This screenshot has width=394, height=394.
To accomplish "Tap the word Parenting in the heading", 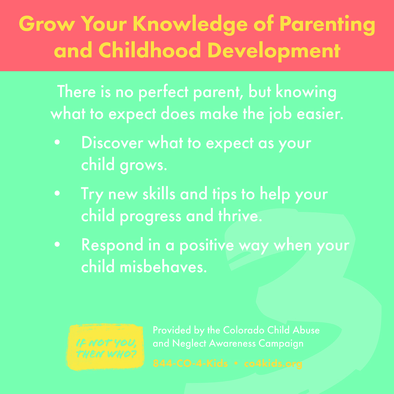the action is pyautogui.click(x=327, y=25).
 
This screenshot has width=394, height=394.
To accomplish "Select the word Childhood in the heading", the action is pyautogui.click(x=150, y=50).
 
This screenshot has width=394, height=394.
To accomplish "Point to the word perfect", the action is pyautogui.click(x=163, y=92).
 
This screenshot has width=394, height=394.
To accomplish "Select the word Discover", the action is pyautogui.click(x=112, y=143).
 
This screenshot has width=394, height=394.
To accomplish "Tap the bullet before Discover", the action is pyautogui.click(x=57, y=143).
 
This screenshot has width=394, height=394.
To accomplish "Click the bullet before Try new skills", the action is pyautogui.click(x=57, y=193).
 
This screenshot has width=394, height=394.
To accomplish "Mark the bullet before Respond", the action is pyautogui.click(x=57, y=244).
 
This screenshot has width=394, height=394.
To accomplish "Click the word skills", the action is pyautogui.click(x=159, y=194).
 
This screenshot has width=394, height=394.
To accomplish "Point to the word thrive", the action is pyautogui.click(x=240, y=216).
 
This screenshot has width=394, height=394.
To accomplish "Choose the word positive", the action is pyautogui.click(x=206, y=246).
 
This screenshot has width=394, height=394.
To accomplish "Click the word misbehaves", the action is pyautogui.click(x=163, y=267).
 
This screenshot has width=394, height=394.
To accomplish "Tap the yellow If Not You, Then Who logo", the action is pyautogui.click(x=105, y=347).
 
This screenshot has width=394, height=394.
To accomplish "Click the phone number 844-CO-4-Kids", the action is pyautogui.click(x=190, y=364).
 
